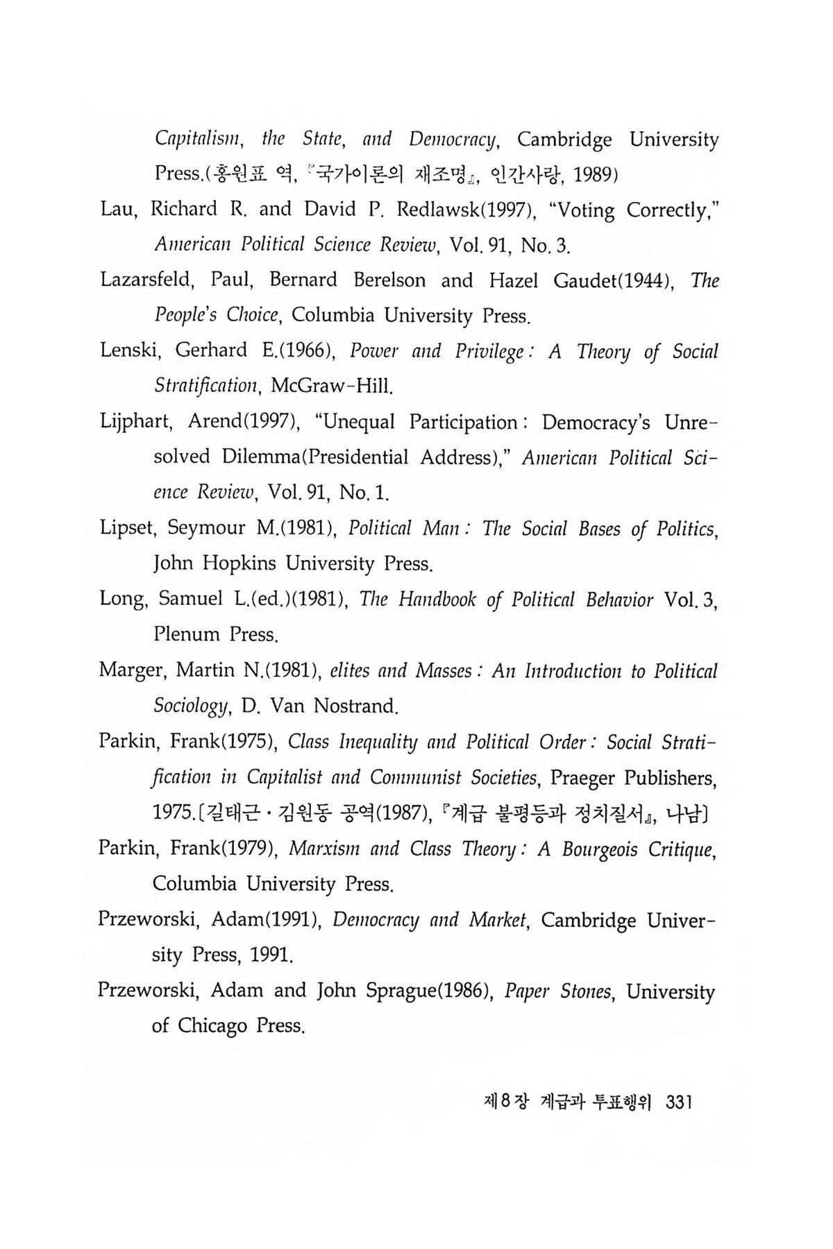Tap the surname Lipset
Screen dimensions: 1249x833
tap(128, 529)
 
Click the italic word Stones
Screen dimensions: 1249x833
tap(584, 991)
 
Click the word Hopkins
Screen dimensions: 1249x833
tap(240, 563)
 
